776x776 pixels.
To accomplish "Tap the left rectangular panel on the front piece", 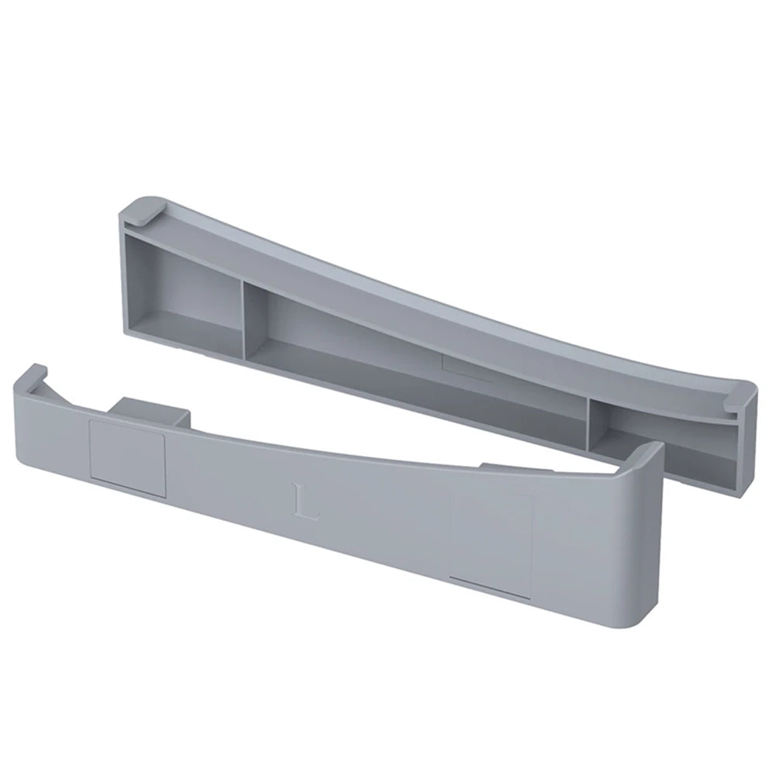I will [x=128, y=458].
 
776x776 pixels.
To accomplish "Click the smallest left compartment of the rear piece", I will [x=182, y=298].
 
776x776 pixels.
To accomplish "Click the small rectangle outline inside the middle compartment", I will [x=465, y=367].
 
